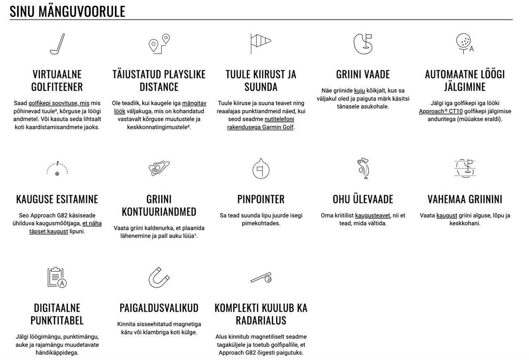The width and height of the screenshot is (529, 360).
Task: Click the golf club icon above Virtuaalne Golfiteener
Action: pos(57,44)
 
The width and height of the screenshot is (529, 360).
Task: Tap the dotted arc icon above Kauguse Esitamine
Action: pos(57,169)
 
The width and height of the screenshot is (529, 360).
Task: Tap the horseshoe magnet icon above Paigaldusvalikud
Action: pos(159,277)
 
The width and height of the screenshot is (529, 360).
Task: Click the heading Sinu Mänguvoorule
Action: pos(67,11)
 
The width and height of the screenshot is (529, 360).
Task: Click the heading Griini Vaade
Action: pos(362,75)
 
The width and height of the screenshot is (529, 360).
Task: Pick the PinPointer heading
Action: pos(261,200)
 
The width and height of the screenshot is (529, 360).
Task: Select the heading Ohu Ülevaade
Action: pos(362,200)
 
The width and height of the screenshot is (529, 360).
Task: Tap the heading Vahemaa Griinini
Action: pos(464,200)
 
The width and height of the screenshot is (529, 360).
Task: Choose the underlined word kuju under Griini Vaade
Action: pos(360,91)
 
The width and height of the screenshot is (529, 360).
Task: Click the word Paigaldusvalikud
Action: pos(159,308)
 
